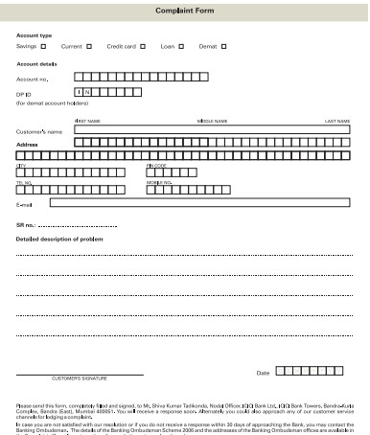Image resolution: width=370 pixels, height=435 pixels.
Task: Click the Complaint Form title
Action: (184, 9)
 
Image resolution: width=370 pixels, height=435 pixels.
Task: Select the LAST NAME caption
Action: (337, 121)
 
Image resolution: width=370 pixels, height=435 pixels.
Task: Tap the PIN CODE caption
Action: (156, 165)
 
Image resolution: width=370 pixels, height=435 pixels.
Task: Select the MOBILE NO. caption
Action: (159, 181)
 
